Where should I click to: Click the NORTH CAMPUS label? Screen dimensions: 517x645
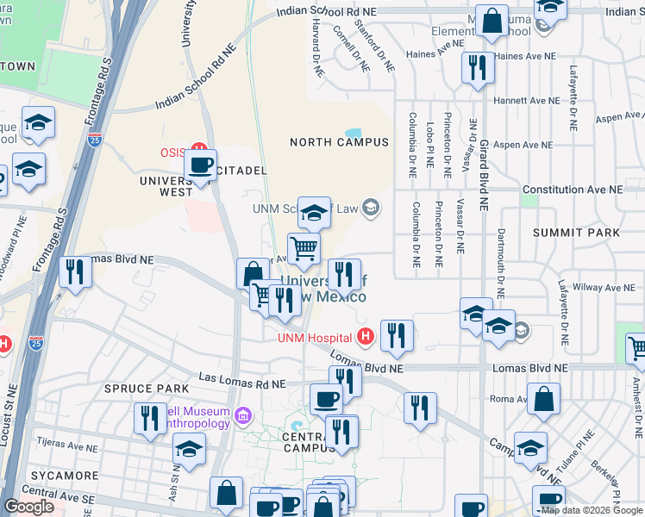click(x=339, y=142)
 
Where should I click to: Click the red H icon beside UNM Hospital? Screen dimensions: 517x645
click(x=365, y=336)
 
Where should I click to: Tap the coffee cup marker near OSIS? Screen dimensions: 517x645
click(x=202, y=165)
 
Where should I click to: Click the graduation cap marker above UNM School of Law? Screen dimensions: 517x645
click(x=315, y=212)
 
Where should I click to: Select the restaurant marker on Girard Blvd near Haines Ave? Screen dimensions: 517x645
click(x=476, y=68)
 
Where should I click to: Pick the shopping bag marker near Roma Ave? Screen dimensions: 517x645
click(x=543, y=400)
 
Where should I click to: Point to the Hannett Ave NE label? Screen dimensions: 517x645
click(x=524, y=101)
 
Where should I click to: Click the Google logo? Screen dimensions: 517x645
click(x=29, y=507)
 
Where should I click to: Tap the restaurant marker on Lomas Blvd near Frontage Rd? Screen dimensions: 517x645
click(x=76, y=273)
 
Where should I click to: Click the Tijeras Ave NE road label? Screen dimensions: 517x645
click(x=70, y=442)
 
